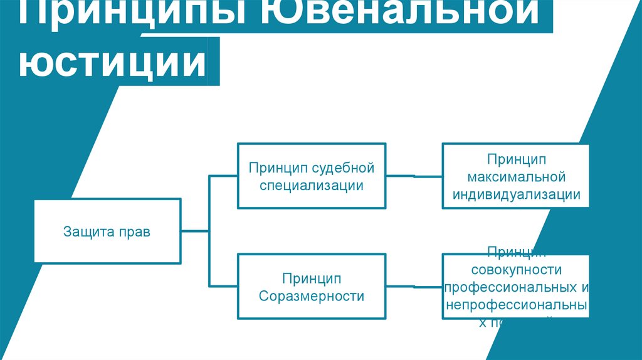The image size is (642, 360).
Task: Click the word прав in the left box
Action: click(136, 232)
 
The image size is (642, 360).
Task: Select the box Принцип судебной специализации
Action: click(311, 176)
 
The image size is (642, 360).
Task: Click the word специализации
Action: click(311, 186)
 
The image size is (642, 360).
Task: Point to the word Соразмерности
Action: click(311, 296)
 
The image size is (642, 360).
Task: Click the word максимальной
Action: click(515, 177)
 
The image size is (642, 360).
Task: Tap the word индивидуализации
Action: click(515, 194)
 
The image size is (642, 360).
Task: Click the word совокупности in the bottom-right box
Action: click(515, 270)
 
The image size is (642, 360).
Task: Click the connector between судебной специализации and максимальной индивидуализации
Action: click(414, 177)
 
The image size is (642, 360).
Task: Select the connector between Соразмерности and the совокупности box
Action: click(414, 287)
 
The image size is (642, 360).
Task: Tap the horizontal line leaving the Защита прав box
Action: click(195, 231)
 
